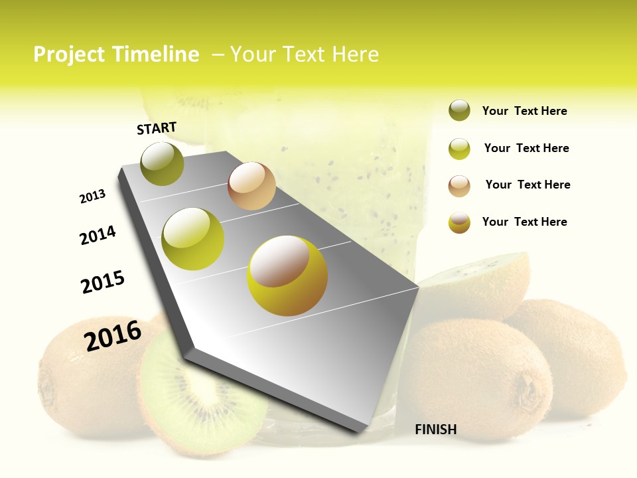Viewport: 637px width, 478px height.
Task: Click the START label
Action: [157, 128]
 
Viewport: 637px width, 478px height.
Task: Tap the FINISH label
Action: [435, 430]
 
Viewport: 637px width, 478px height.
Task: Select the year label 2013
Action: [92, 197]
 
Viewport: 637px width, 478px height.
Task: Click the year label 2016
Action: [113, 336]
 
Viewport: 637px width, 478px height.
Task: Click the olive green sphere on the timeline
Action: [162, 163]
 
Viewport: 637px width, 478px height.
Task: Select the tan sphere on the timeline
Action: [251, 186]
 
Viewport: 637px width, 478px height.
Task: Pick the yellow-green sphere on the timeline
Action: [193, 239]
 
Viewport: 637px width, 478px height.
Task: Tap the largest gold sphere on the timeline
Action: [287, 276]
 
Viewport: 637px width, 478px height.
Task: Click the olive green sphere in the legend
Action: [459, 111]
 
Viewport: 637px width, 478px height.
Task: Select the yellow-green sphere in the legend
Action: [459, 149]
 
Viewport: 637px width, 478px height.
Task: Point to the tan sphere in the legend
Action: [459, 186]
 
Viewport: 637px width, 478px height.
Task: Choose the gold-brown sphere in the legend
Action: [459, 222]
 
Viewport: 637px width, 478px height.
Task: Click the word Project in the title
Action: [69, 54]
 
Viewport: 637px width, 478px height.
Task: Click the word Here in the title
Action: [355, 54]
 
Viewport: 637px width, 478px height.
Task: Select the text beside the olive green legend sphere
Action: [524, 112]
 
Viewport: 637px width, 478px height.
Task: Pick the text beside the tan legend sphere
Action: [528, 185]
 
